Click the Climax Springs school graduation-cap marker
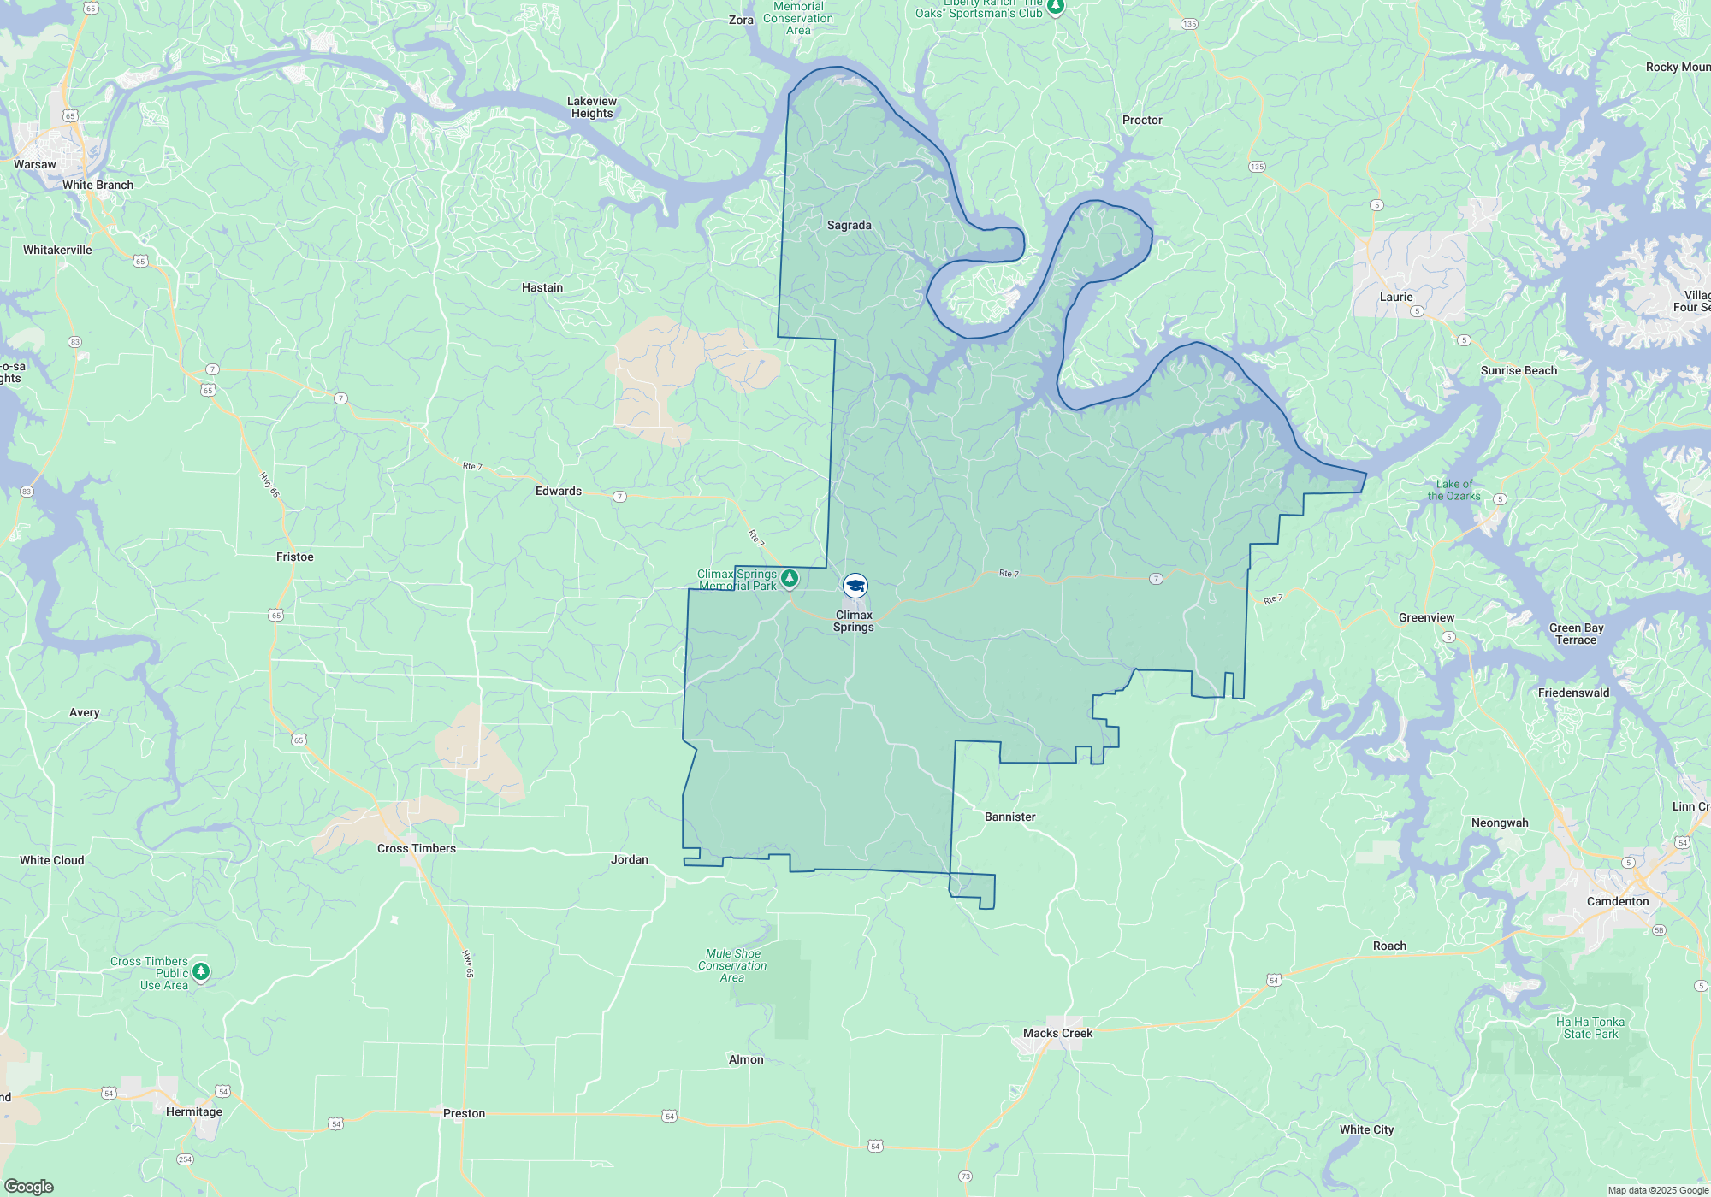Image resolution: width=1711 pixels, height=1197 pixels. coord(855,586)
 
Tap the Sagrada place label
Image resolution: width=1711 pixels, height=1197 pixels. coord(849,226)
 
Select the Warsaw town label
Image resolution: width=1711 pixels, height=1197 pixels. coord(35,164)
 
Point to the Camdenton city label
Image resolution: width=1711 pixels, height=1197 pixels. coord(1617,901)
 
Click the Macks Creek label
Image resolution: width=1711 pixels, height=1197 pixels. coord(1057,1033)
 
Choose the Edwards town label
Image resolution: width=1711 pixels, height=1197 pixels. coord(558,491)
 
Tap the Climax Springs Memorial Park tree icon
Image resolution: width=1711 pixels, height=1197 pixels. coord(790,578)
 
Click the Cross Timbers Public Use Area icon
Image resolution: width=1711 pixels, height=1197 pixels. coord(201,971)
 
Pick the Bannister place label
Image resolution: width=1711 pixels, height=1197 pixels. coord(1009,817)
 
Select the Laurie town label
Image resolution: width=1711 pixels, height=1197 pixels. coord(1395,297)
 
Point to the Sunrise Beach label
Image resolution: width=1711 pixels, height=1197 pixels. coord(1519,370)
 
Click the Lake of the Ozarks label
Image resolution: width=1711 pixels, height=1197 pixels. coord(1453,490)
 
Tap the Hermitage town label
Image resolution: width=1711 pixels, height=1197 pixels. coord(193,1111)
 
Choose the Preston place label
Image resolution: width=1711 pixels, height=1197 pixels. coord(464,1113)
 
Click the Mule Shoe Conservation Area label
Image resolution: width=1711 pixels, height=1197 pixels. coord(732,965)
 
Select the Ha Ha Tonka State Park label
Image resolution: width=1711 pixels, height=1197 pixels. coord(1590,1028)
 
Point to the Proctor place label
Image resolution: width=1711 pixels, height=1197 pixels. coord(1142,120)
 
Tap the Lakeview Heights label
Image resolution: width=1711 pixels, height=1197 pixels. coord(592,107)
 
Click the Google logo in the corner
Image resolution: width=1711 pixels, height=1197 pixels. coord(29,1186)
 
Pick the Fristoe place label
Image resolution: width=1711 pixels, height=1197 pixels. coord(294,557)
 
